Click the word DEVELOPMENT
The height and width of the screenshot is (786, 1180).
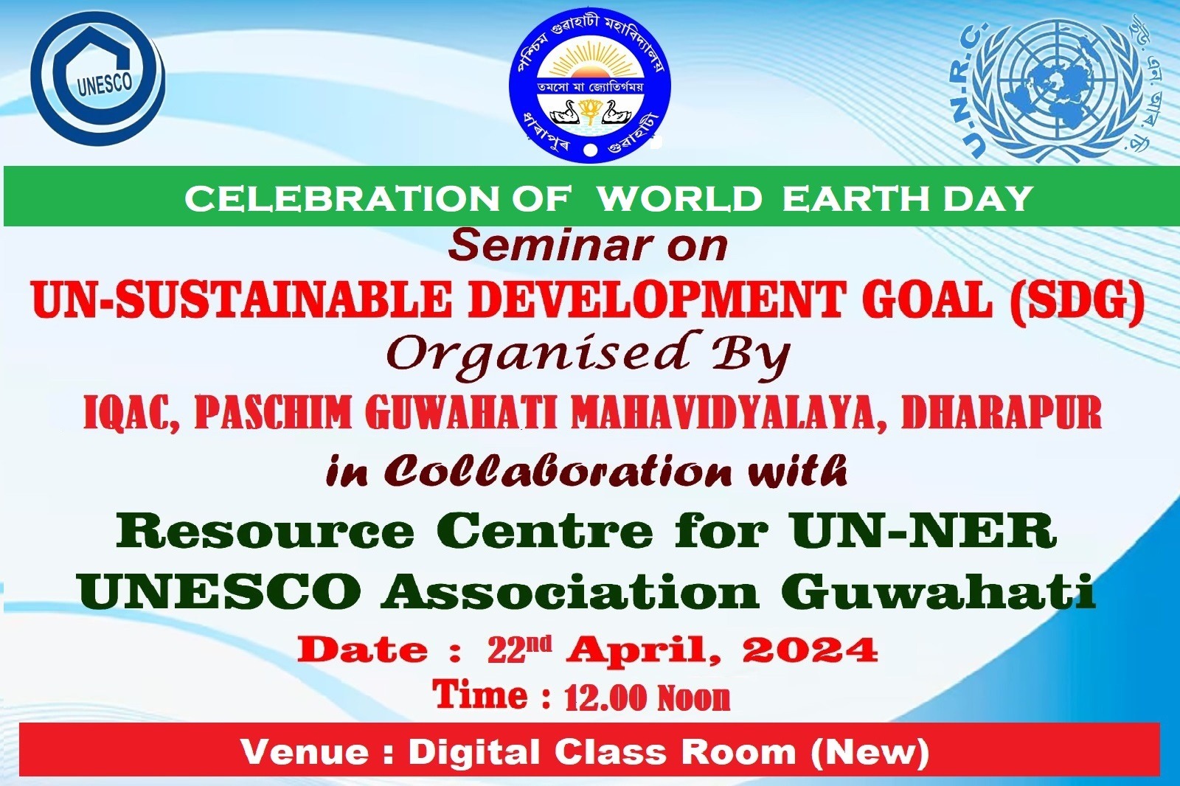656,300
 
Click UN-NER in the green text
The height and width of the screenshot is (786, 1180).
923,531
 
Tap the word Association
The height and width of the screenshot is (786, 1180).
569,591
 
